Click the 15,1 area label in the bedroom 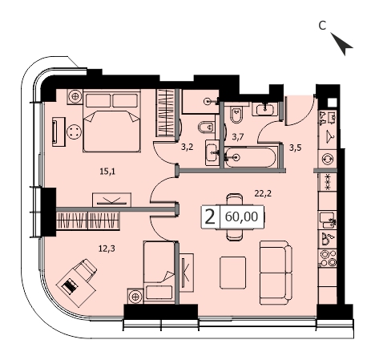pos(107,172)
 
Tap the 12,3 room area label pos(107,249)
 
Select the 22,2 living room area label pos(263,193)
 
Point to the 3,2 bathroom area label pos(187,147)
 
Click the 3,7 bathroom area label pos(238,137)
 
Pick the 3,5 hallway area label pos(296,148)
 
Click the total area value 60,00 pos(242,216)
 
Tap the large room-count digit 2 pos(210,217)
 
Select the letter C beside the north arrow pos(322,26)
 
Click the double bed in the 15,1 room pos(112,121)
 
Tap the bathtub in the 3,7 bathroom pos(249,157)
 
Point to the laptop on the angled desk pos(70,286)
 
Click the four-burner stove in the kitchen pos(328,258)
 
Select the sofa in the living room pos(276,273)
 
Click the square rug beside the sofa pos(233,273)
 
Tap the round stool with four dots pos(75,132)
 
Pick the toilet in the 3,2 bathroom pos(207,127)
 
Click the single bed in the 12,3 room pos(159,272)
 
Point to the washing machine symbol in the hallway pos(328,159)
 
